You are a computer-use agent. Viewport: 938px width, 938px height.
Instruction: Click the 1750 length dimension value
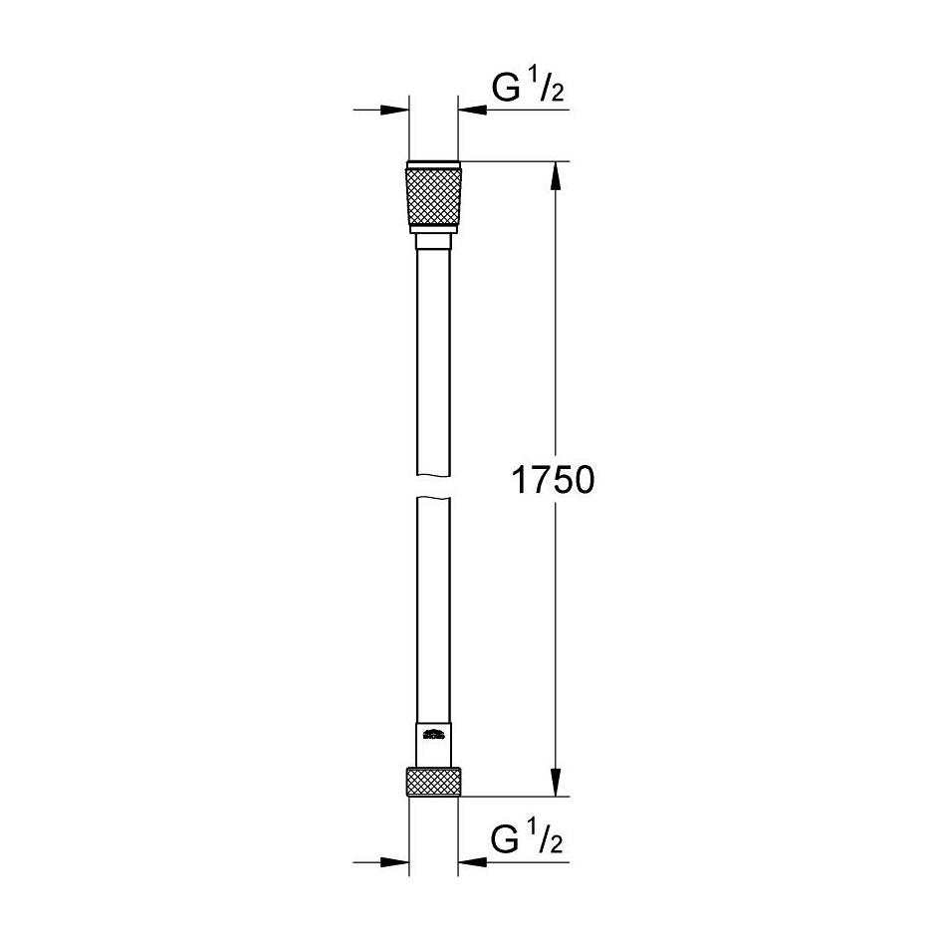pyautogui.click(x=553, y=480)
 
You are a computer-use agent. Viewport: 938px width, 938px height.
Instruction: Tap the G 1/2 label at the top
pyautogui.click(x=529, y=90)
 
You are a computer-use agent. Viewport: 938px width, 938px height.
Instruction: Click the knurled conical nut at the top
pyautogui.click(x=433, y=198)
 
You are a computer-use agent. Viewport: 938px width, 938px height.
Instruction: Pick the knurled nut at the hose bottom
pyautogui.click(x=433, y=783)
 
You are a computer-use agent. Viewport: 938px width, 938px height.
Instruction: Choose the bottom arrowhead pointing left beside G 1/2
pyautogui.click(x=471, y=862)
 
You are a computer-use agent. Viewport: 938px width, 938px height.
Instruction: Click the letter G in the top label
pyautogui.click(x=507, y=91)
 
